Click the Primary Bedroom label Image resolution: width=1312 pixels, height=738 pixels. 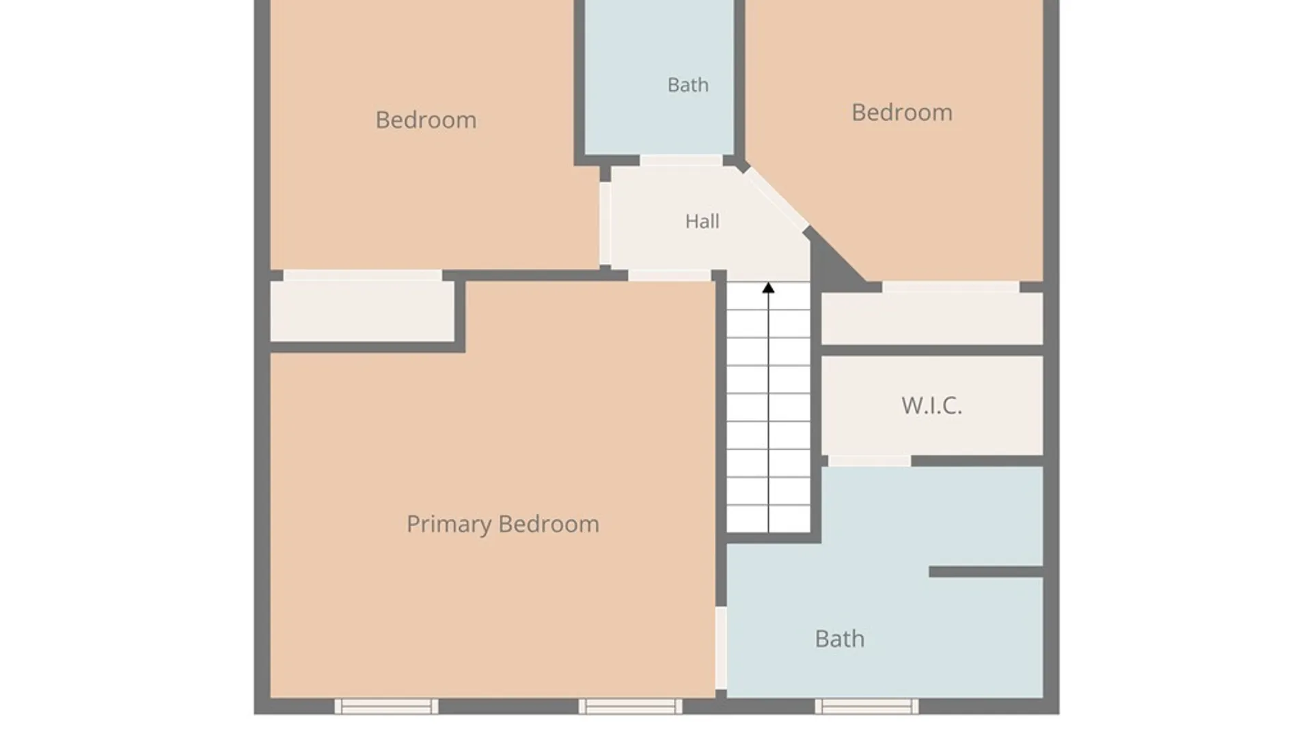(x=503, y=524)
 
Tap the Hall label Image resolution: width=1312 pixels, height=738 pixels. (x=702, y=221)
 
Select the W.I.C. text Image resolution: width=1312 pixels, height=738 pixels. (x=931, y=405)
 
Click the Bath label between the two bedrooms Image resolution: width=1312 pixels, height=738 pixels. (x=687, y=85)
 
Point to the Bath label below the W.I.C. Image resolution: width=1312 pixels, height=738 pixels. (x=839, y=639)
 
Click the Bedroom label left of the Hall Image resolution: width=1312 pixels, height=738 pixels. (x=426, y=120)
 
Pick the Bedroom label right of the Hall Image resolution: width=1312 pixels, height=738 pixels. (x=901, y=113)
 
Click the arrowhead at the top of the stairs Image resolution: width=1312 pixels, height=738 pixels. (x=769, y=288)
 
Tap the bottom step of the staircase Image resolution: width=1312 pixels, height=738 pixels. (x=769, y=519)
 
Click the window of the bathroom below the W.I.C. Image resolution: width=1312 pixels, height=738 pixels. (x=866, y=706)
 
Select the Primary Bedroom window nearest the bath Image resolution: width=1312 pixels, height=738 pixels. (x=630, y=706)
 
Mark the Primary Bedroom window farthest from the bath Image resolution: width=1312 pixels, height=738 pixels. (x=386, y=706)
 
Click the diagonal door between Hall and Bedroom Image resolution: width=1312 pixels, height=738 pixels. (x=776, y=199)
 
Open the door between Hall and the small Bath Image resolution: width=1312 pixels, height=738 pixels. (x=681, y=161)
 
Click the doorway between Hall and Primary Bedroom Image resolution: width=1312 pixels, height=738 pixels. (x=670, y=275)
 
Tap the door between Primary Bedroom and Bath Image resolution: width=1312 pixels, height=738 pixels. (x=721, y=648)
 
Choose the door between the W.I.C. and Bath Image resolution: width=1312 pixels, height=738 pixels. (x=869, y=461)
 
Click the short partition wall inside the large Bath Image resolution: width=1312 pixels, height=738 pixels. (x=986, y=572)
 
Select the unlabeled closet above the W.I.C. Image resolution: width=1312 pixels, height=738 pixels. (x=932, y=318)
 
